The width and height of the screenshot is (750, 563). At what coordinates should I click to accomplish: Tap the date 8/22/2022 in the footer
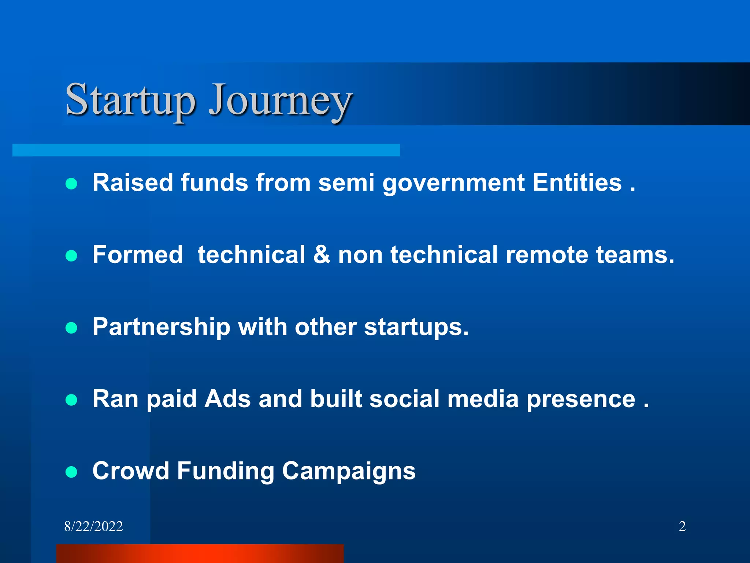click(93, 526)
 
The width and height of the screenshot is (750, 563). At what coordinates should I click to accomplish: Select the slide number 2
click(682, 526)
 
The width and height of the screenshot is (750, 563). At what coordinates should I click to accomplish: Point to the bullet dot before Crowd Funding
click(71, 472)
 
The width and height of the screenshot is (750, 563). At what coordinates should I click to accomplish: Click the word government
click(453, 183)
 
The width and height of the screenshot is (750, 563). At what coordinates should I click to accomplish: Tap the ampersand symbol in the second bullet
click(321, 255)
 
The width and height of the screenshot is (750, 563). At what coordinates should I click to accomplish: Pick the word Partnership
click(161, 327)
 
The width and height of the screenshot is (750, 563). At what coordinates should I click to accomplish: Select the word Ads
click(227, 399)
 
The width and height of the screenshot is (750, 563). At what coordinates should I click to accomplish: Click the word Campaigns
click(349, 471)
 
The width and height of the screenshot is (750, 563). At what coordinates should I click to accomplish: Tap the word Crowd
click(131, 471)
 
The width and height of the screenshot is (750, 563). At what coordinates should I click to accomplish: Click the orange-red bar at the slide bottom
click(200, 553)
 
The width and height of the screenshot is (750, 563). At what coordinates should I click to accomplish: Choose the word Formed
click(138, 255)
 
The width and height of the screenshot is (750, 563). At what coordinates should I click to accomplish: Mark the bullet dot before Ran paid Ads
click(71, 400)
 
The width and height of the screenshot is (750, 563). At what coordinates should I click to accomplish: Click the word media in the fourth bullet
click(483, 399)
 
